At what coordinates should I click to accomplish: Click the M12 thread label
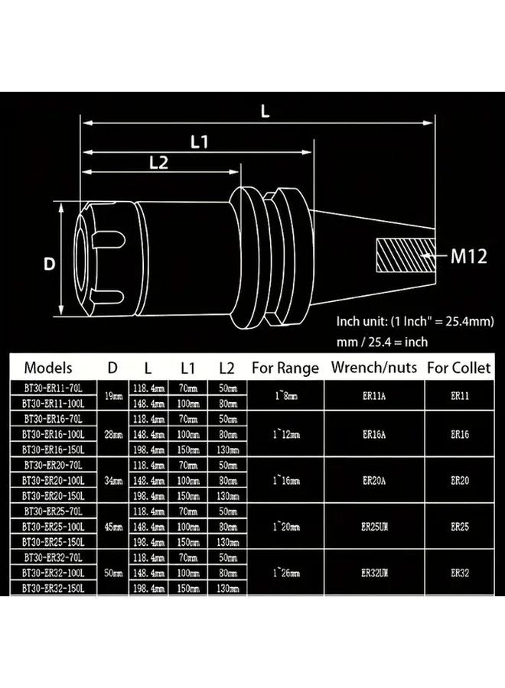468,255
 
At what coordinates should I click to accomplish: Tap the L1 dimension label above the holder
200,141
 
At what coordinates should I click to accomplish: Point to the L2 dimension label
158,162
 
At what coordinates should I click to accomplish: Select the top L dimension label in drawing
265,111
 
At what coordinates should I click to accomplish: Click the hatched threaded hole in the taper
403,256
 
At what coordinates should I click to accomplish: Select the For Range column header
285,368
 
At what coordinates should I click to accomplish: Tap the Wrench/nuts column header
374,368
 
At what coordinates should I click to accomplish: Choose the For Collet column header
459,368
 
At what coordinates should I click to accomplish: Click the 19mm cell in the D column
112,396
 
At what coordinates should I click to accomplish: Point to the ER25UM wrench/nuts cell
374,527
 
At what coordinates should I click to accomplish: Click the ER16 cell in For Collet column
459,434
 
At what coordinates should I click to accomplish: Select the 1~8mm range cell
285,396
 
